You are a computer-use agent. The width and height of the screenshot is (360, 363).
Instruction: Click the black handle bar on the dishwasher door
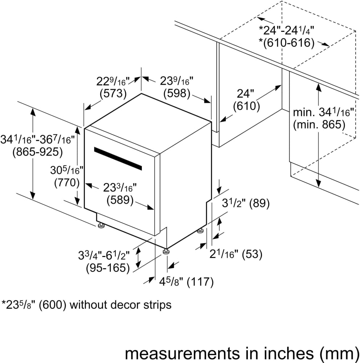pos(118,158)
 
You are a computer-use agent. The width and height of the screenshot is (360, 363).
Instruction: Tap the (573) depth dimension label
pos(113,94)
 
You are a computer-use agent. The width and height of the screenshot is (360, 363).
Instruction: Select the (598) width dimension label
pos(177,94)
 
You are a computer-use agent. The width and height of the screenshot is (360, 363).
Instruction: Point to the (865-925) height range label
pos(37,152)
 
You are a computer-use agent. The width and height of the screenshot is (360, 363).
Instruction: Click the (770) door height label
pos(67,183)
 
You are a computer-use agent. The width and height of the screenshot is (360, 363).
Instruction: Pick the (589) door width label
pos(120,200)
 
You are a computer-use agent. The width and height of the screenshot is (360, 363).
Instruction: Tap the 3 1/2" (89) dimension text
pos(246,203)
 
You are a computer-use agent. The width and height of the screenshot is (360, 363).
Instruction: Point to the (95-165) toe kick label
pos(108,268)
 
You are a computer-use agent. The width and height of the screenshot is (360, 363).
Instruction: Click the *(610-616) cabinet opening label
pos(286,43)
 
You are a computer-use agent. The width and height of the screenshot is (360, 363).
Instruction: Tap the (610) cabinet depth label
pos(246,106)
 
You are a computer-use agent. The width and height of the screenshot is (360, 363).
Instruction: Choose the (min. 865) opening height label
pos(319,125)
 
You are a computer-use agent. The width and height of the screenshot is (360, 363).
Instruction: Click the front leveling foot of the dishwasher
pos(166,251)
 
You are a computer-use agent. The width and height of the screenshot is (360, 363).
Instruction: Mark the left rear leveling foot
pos(101,226)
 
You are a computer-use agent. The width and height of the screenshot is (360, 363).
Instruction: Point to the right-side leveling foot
pos(200,231)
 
